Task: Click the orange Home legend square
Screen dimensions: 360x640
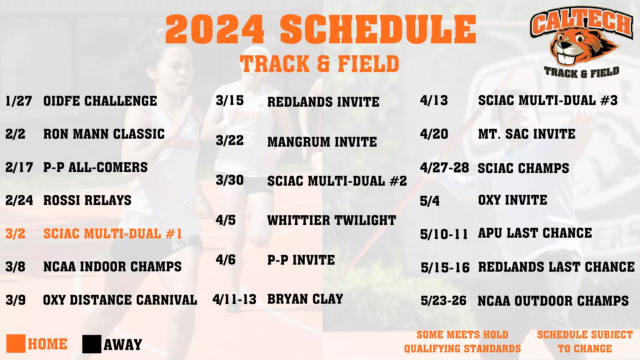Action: [16, 344]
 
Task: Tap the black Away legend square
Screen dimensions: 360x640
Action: [92, 344]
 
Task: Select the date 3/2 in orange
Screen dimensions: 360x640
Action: [15, 234]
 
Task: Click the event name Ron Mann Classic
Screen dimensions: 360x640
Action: [104, 134]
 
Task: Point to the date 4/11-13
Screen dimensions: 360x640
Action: [234, 299]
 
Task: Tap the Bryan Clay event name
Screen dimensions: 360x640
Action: [305, 299]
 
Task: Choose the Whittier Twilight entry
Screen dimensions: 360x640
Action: [331, 220]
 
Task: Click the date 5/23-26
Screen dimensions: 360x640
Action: [443, 301]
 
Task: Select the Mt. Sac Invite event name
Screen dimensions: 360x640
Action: [527, 134]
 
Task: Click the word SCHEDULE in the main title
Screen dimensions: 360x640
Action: [378, 29]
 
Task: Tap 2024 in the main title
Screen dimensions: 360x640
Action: [215, 29]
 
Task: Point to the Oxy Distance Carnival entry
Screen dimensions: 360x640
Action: [120, 300]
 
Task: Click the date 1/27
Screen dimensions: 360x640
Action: [19, 101]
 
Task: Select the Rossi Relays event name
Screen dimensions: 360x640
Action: [87, 200]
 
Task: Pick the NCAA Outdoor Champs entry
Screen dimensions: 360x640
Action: [553, 301]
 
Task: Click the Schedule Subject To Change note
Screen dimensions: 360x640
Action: [585, 341]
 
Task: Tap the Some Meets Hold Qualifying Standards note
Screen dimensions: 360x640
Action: [462, 341]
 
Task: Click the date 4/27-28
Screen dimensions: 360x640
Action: [444, 168]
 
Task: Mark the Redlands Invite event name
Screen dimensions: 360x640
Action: [323, 102]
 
